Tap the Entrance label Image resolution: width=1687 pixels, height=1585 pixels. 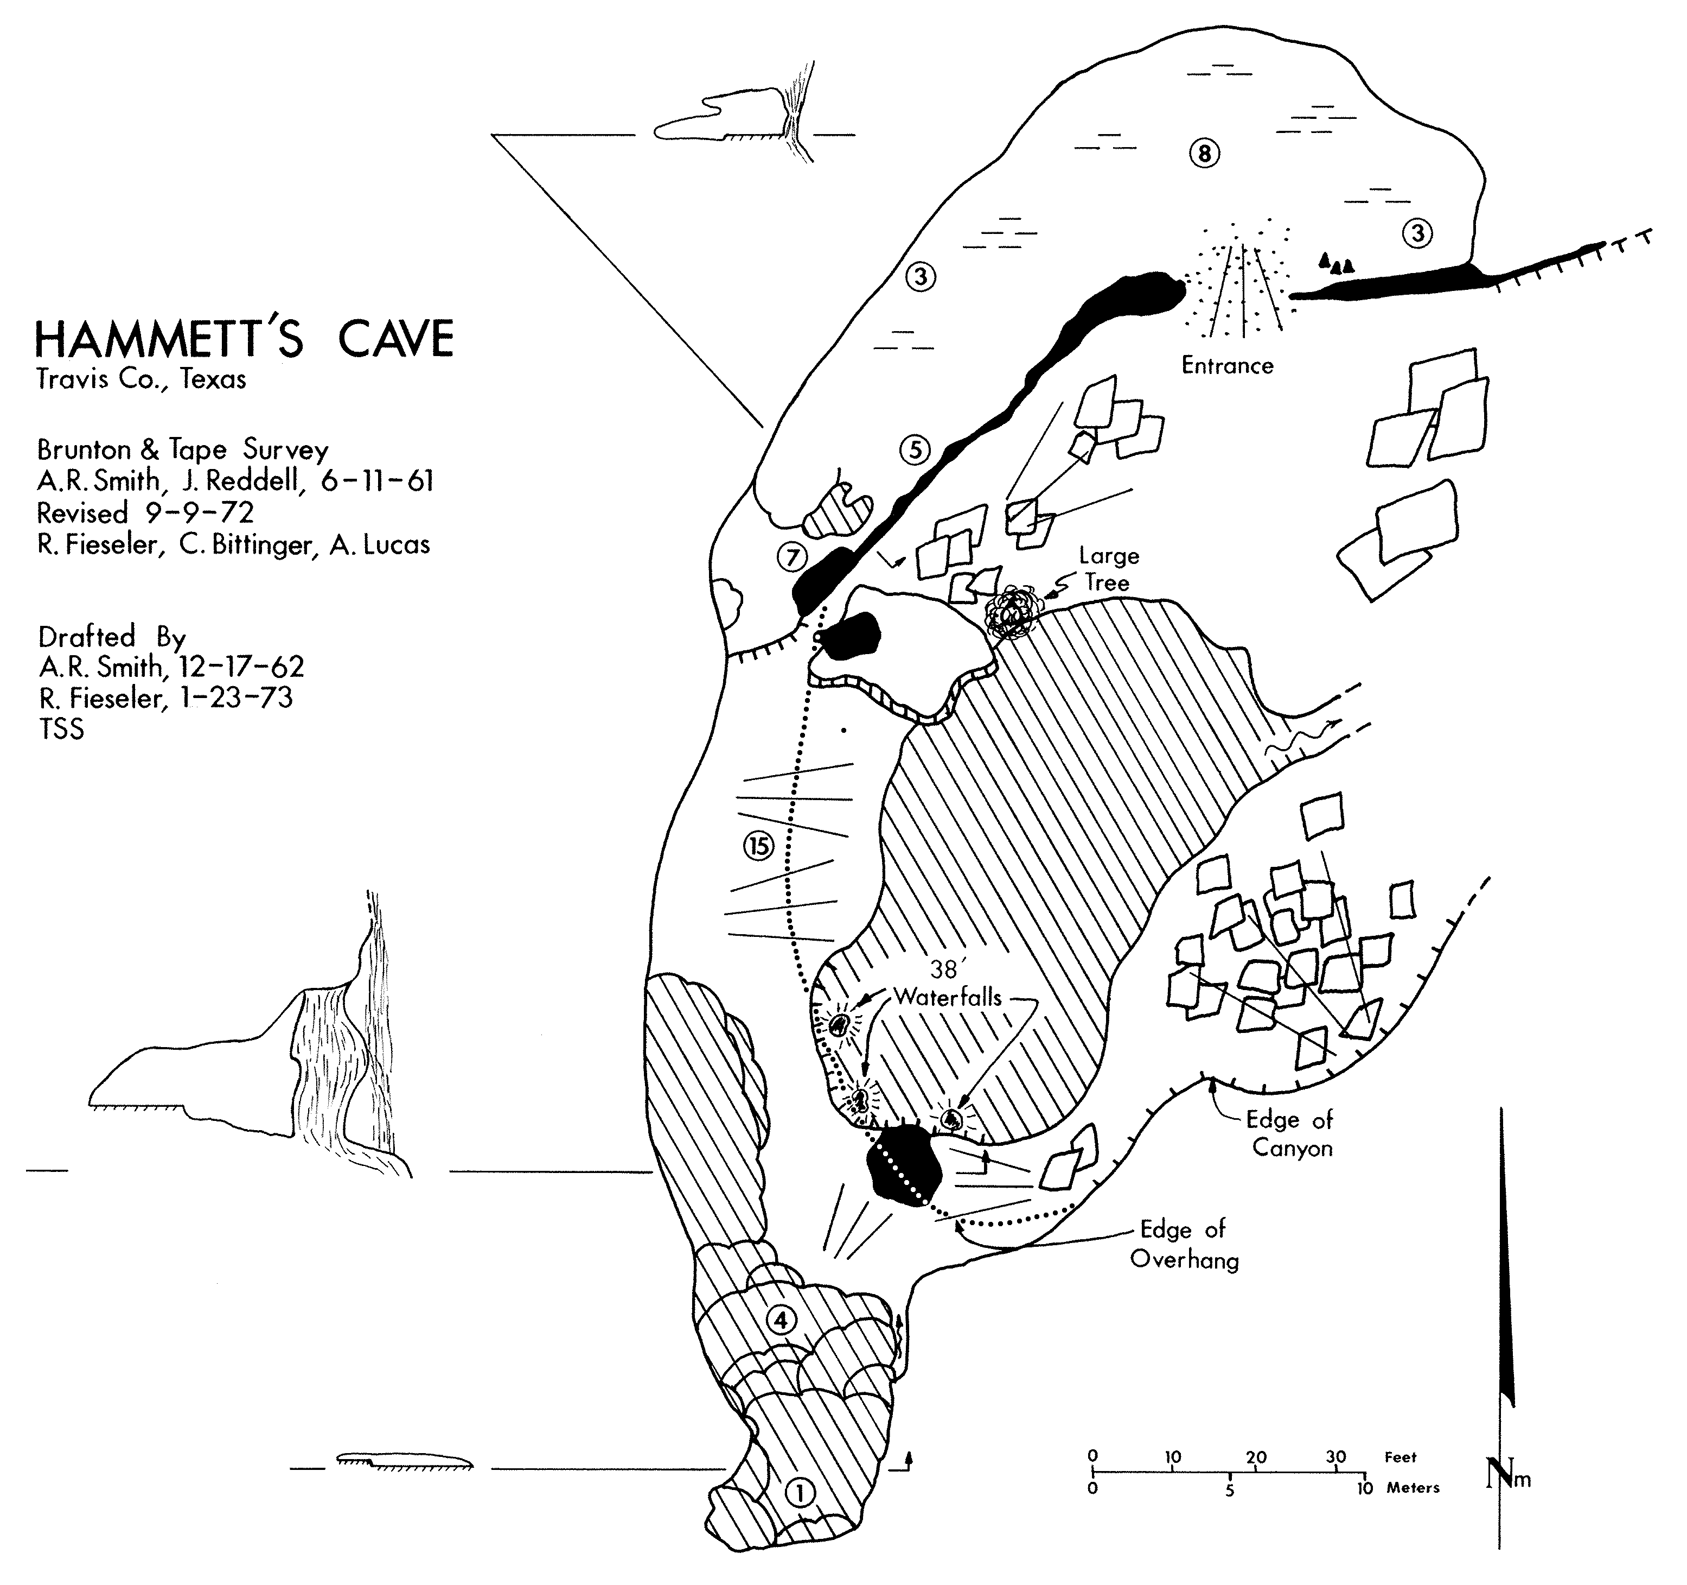pyautogui.click(x=1227, y=366)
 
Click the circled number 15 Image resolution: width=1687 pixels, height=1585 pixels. pyautogui.click(x=759, y=846)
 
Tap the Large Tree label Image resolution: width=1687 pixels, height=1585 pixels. pyautogui.click(x=1108, y=569)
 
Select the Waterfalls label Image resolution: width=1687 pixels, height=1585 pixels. pyautogui.click(x=948, y=998)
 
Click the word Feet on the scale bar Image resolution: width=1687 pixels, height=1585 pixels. pyautogui.click(x=1401, y=1457)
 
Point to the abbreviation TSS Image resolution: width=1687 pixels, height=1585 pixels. pyautogui.click(x=61, y=729)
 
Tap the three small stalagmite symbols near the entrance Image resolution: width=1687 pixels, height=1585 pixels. pyautogui.click(x=1335, y=263)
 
